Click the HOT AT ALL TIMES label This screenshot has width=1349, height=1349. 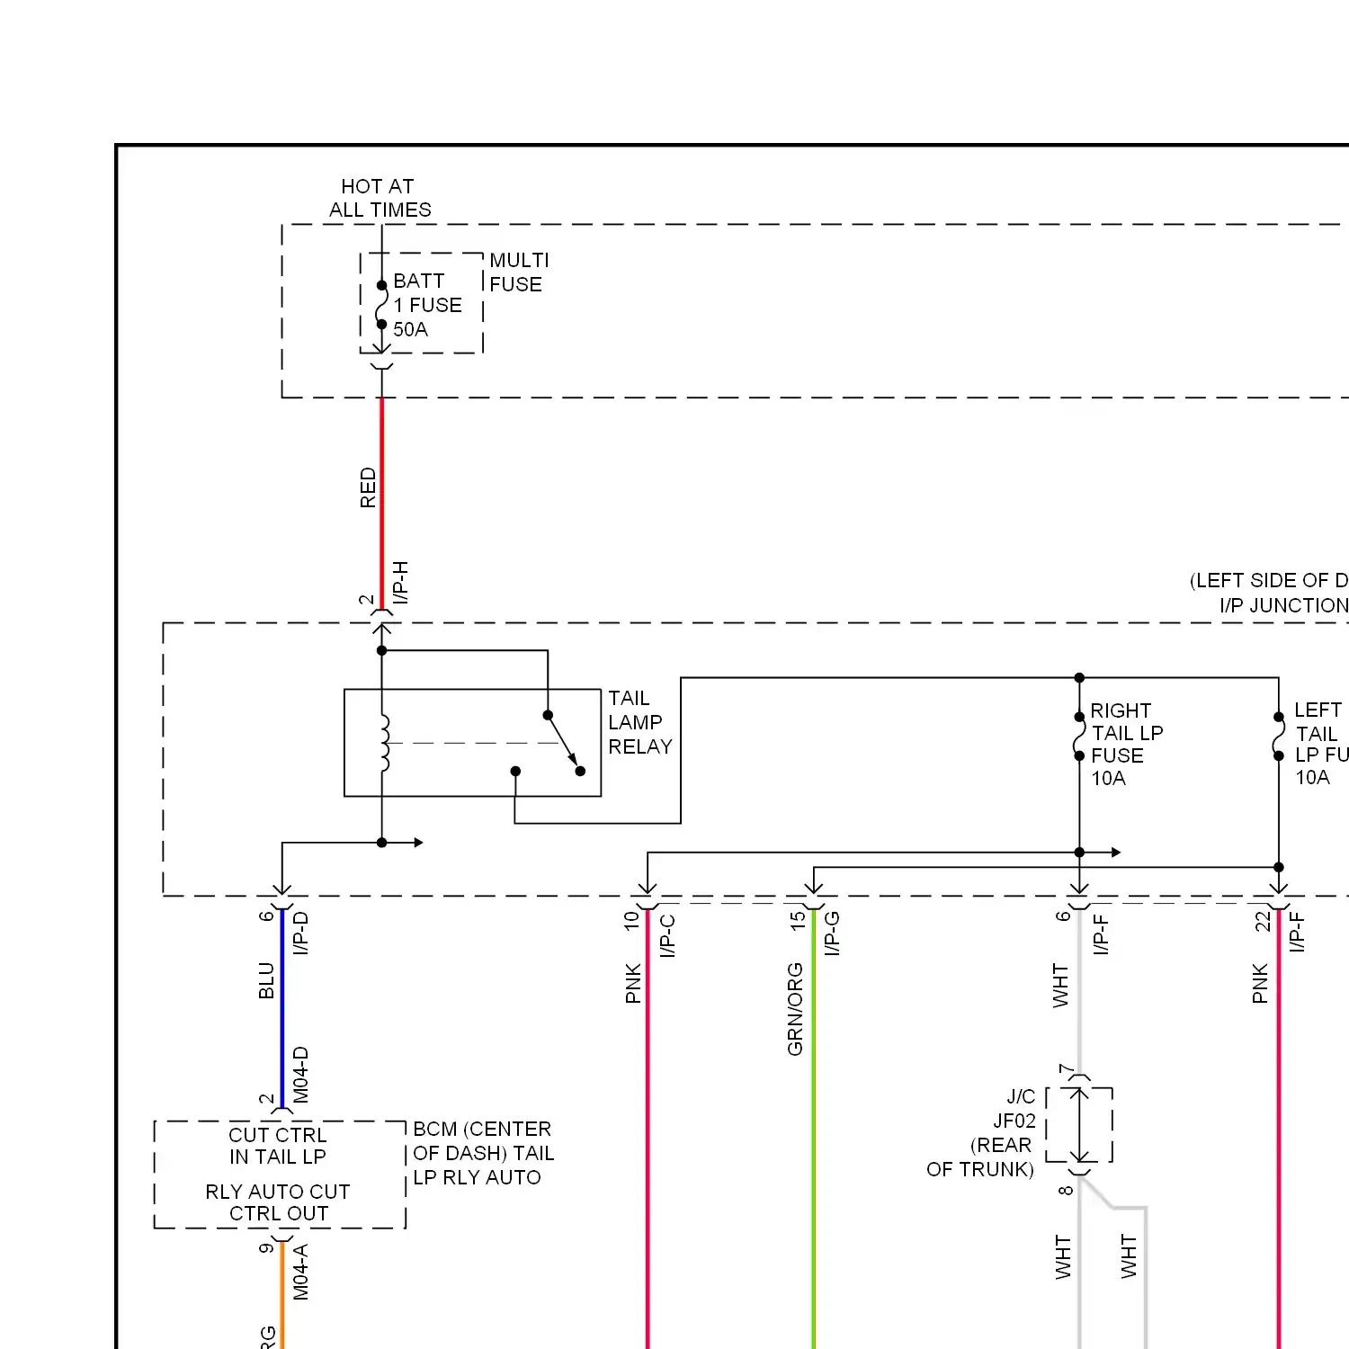pos(379,198)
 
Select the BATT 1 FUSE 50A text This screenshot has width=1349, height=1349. pos(427,306)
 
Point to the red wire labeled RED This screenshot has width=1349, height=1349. pos(382,504)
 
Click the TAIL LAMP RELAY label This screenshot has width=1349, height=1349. pos(639,722)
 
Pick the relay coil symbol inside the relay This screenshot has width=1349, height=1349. pos(385,743)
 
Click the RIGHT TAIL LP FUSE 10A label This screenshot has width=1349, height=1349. pos(1125,745)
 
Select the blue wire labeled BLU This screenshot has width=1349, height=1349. pos(282,1007)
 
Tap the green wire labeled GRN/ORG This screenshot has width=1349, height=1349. pos(814,1124)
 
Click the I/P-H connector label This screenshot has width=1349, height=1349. pos(401,583)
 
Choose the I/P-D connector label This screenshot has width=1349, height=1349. pos(301,934)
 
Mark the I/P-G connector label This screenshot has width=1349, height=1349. pos(832,934)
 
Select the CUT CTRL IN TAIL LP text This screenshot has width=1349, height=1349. pos(278,1146)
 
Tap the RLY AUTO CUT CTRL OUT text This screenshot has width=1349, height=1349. pos(278,1202)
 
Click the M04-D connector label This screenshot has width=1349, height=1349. pos(301,1075)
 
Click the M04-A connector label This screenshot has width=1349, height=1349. pos(301,1272)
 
